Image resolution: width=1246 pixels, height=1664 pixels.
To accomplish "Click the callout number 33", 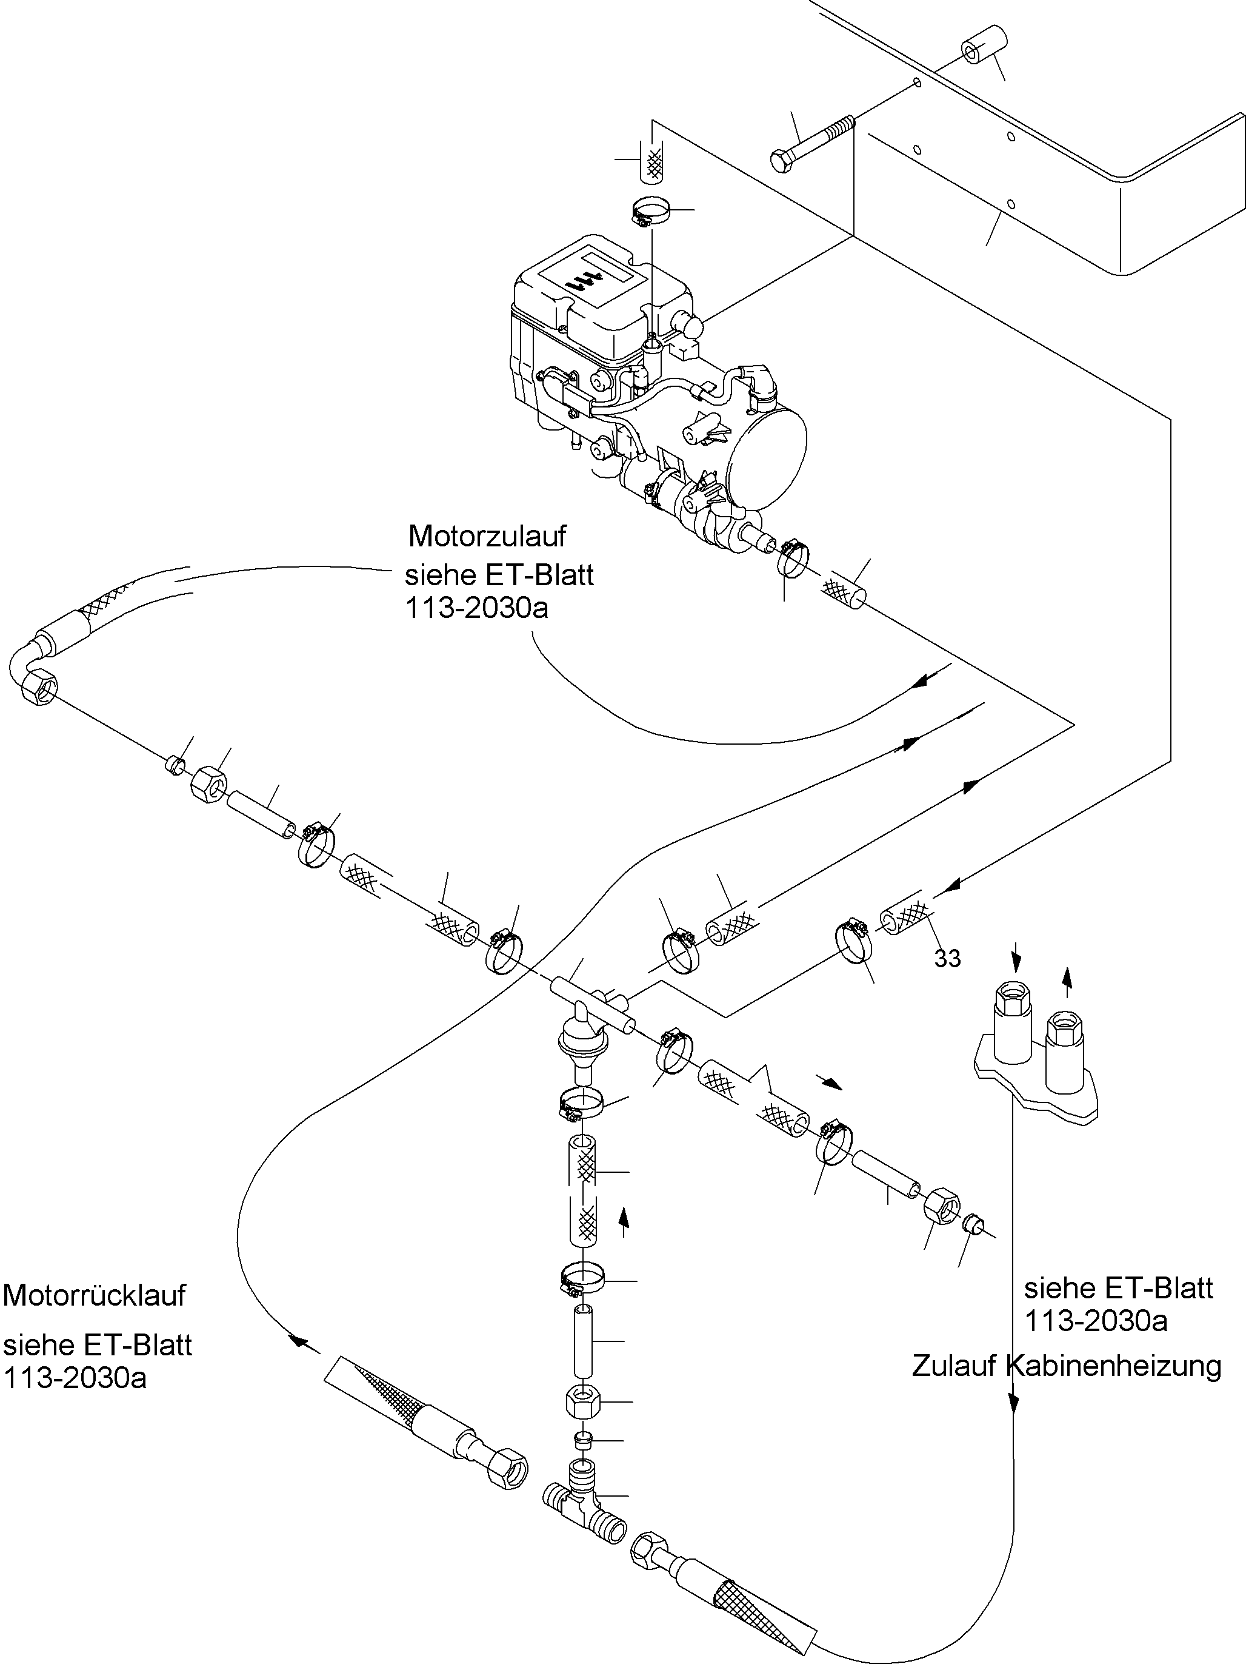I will (x=947, y=958).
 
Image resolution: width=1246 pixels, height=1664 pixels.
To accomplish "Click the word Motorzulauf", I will (x=487, y=536).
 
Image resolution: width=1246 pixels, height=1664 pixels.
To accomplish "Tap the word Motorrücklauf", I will (x=94, y=1295).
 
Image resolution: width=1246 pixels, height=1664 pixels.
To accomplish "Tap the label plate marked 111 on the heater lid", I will (x=596, y=279).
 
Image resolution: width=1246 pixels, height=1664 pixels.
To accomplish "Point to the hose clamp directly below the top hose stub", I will (x=651, y=212).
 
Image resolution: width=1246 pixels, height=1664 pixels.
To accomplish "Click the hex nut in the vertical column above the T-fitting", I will (x=584, y=1403).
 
